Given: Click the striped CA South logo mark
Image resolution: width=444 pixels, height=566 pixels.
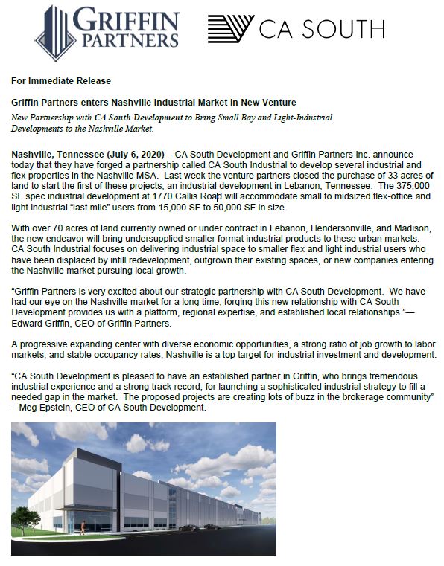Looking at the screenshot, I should point(229,28).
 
